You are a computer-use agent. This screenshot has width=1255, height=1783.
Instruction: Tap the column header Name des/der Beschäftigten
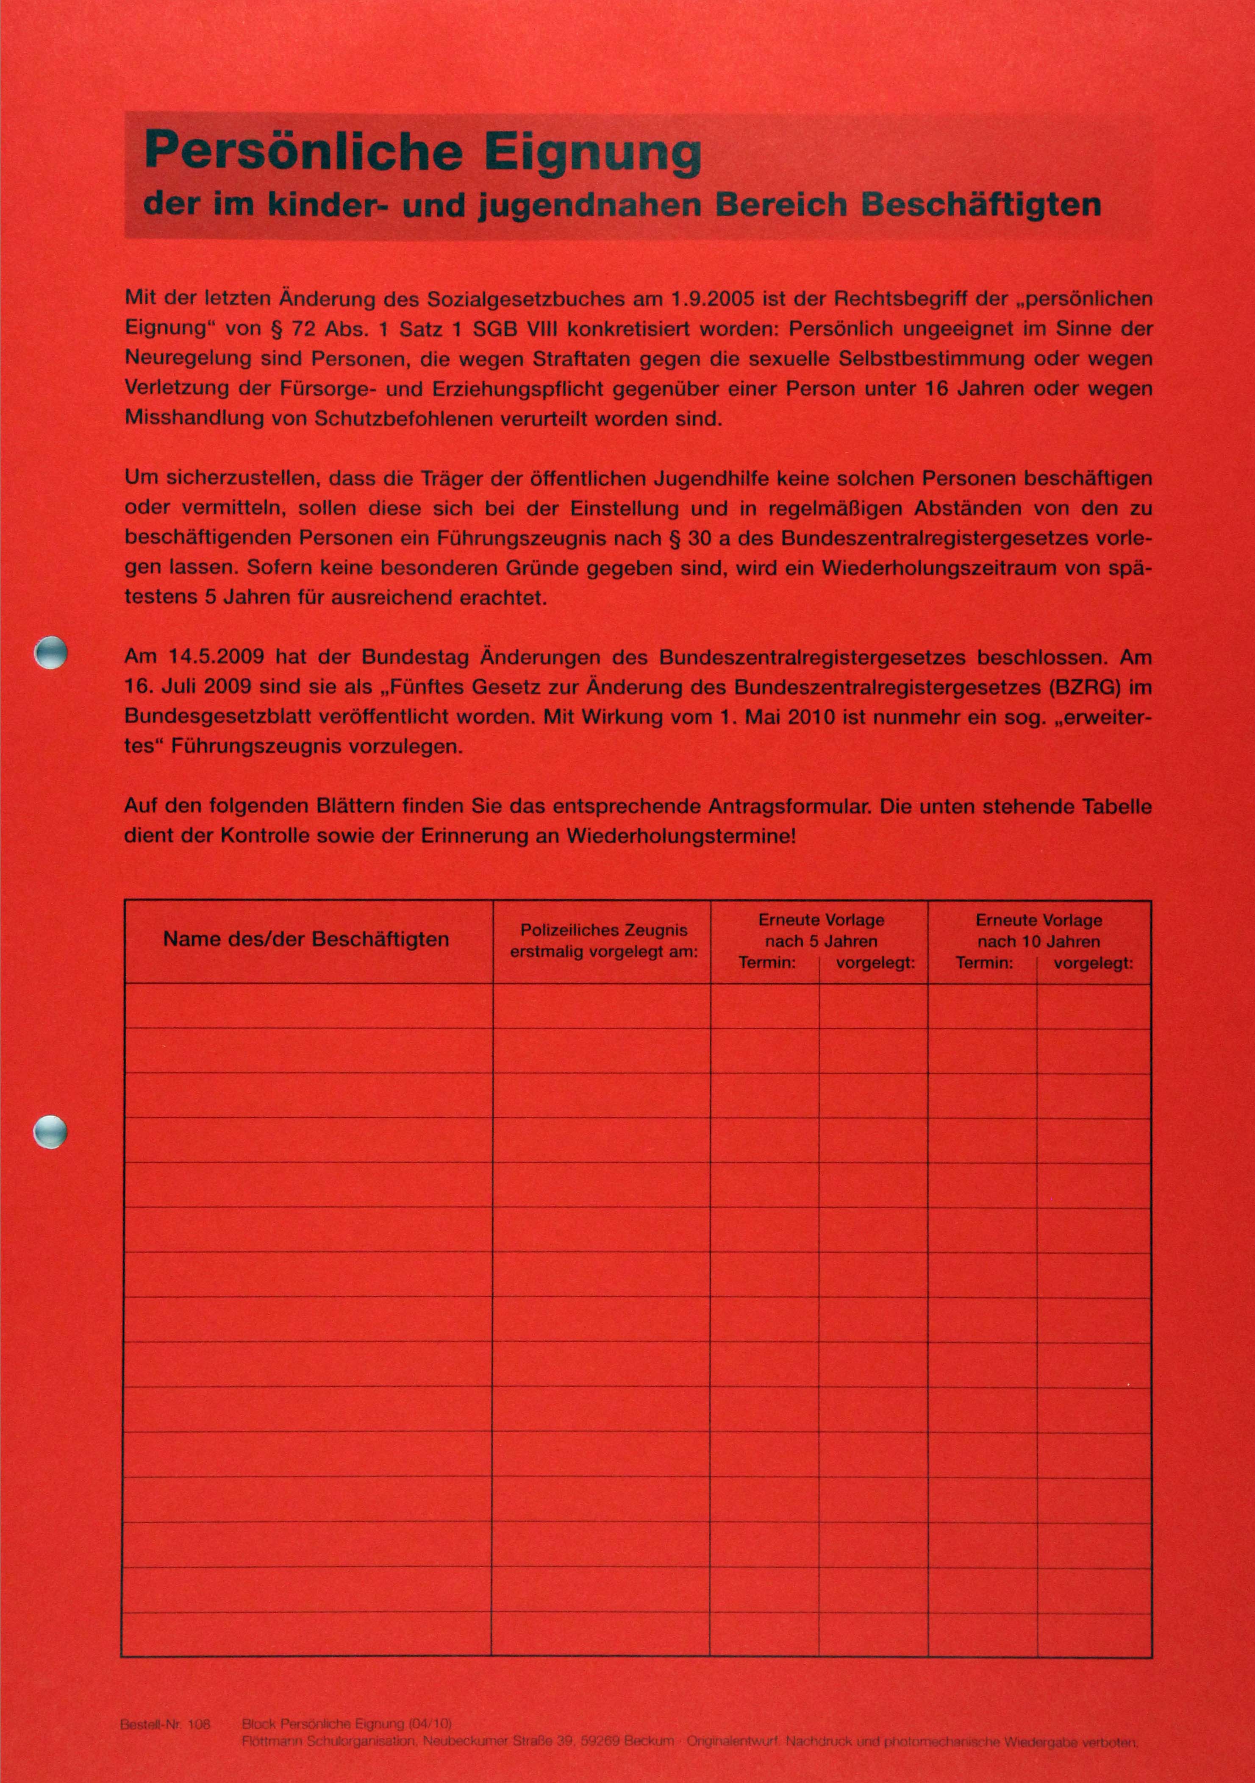(306, 940)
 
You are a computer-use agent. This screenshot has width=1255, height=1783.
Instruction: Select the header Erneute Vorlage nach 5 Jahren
(821, 930)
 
